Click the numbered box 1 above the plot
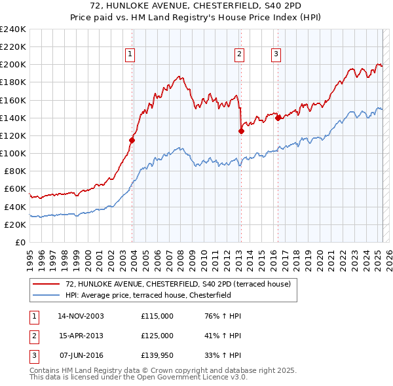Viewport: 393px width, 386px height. click(x=130, y=54)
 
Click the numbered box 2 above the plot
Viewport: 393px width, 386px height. click(x=240, y=54)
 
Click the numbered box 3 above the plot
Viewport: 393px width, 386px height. click(x=276, y=54)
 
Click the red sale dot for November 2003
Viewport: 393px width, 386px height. click(x=132, y=139)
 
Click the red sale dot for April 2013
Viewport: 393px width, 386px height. click(x=241, y=131)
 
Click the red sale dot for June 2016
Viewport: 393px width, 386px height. click(x=278, y=118)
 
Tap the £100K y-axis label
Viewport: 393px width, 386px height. click(x=13, y=153)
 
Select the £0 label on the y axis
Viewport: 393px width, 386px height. click(x=20, y=242)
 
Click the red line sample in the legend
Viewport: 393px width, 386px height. click(x=47, y=284)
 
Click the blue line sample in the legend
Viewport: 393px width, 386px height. click(x=47, y=295)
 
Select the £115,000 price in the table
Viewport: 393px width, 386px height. click(x=157, y=316)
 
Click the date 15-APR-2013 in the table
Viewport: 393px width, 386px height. click(x=81, y=336)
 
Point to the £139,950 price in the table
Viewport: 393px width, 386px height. click(x=157, y=356)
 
